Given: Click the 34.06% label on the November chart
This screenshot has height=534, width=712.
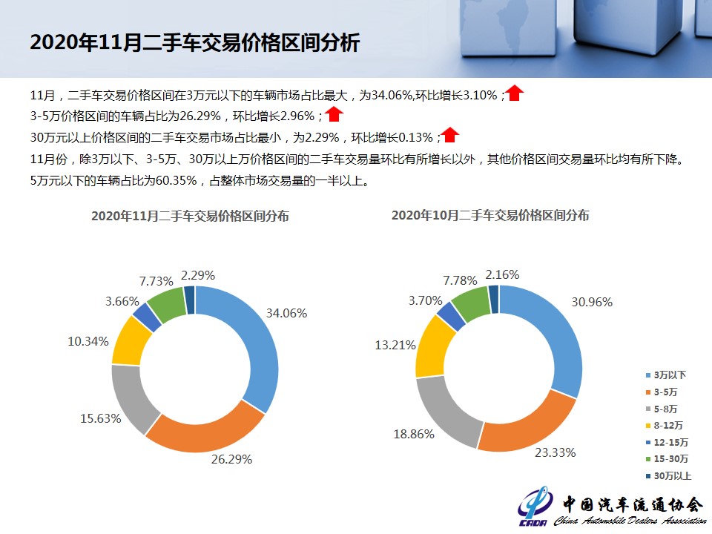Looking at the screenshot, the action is click(x=286, y=313).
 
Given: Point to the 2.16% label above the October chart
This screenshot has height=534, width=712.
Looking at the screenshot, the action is click(x=502, y=274).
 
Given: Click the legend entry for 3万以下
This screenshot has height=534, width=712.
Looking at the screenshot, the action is click(x=666, y=375).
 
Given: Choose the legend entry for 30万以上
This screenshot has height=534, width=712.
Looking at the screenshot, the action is click(x=668, y=476).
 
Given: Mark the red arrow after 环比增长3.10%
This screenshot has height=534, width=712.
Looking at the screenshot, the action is click(x=515, y=93).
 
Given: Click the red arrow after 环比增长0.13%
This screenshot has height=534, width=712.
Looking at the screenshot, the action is click(x=450, y=135).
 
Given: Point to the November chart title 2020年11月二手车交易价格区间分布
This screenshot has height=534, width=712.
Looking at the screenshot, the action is click(x=190, y=216).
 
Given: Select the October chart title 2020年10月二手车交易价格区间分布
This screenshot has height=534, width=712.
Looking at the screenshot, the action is click(x=490, y=215).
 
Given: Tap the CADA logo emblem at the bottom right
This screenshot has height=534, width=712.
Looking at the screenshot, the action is click(x=535, y=505).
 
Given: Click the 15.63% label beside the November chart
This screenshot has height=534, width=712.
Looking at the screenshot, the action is click(x=100, y=418).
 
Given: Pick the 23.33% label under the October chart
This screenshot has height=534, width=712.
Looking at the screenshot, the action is click(x=555, y=452).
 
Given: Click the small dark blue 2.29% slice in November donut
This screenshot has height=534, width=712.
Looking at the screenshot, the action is click(x=190, y=300).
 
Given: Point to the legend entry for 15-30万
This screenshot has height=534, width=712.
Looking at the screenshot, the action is click(x=667, y=459).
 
